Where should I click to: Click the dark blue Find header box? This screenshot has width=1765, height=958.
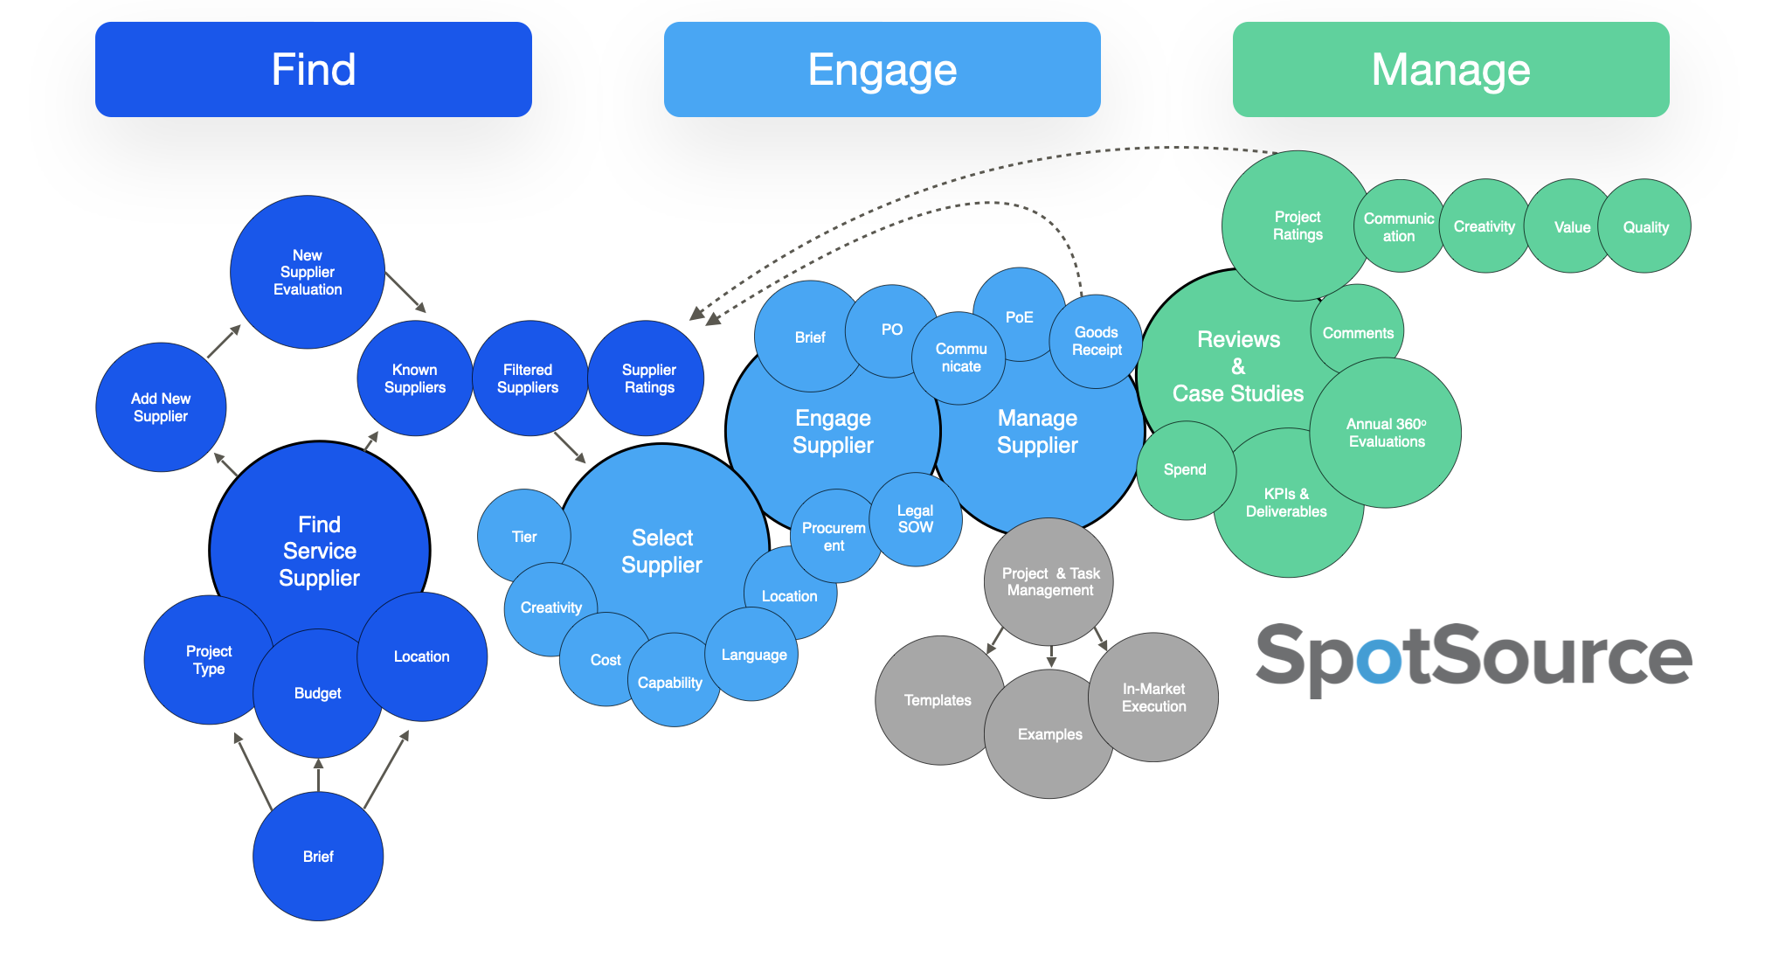[x=314, y=69]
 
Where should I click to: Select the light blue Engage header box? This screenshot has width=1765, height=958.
[x=882, y=69]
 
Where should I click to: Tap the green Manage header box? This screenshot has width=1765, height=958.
[x=1451, y=69]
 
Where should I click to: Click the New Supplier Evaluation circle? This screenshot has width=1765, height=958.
[x=308, y=272]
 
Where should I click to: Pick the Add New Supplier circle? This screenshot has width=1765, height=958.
[x=161, y=407]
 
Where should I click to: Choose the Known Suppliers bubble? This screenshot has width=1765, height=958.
[x=415, y=378]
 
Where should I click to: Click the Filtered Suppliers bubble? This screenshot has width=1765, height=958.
[x=528, y=378]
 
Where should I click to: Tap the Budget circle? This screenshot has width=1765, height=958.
[x=318, y=693]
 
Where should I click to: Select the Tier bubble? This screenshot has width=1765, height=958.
[x=524, y=536]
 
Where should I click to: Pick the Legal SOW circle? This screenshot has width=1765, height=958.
[x=916, y=519]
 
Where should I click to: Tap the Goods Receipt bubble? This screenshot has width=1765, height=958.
[x=1097, y=341]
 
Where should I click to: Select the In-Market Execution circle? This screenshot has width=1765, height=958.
[x=1153, y=698]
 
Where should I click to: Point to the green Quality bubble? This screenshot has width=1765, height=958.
[x=1644, y=226]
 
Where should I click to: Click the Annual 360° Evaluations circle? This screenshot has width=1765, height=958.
[x=1386, y=433]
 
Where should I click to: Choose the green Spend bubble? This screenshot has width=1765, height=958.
[x=1186, y=470]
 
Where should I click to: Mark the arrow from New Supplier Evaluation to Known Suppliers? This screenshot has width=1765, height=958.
[x=405, y=292]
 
